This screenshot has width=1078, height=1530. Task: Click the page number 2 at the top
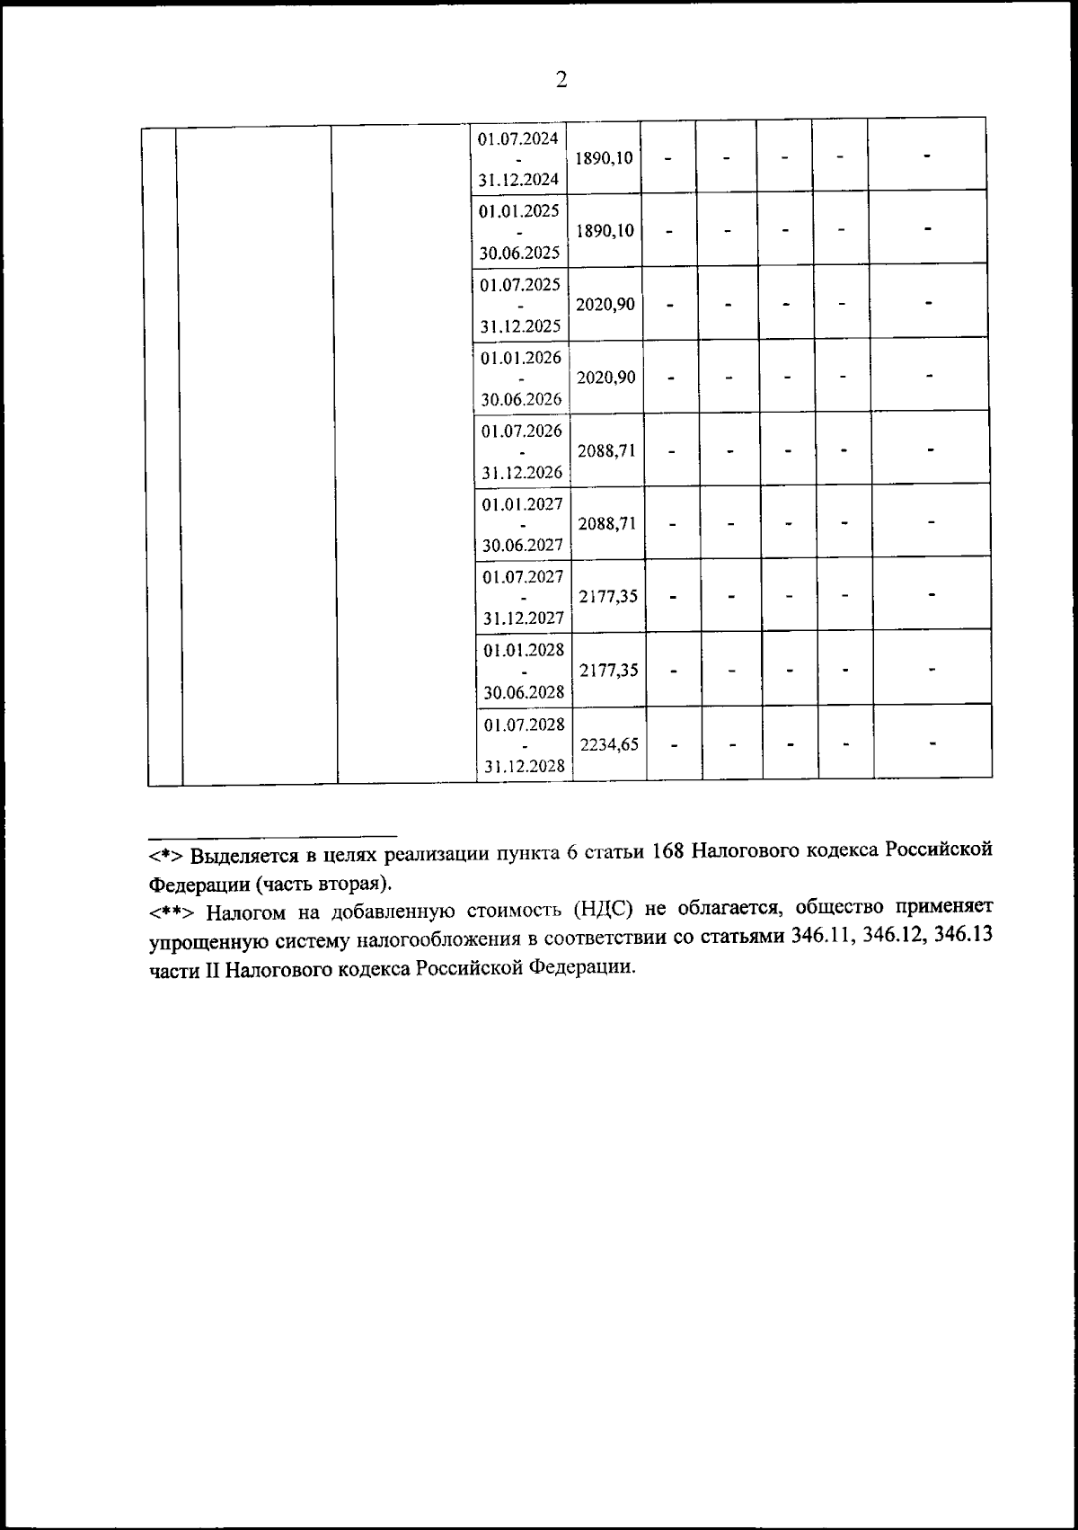(x=561, y=81)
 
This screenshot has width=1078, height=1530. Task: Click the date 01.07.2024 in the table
(x=518, y=138)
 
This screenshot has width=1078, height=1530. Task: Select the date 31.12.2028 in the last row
(x=525, y=767)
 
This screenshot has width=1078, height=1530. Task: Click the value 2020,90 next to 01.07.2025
(x=605, y=304)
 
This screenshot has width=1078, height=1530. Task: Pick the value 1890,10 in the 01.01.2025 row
(x=605, y=231)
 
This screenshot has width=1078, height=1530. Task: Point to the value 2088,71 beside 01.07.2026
(x=607, y=450)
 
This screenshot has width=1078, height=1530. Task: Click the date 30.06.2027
(x=522, y=545)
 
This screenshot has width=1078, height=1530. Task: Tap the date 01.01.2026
(x=521, y=358)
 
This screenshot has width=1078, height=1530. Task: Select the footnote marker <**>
(x=172, y=913)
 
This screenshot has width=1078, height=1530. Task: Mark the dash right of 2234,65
(x=674, y=744)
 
